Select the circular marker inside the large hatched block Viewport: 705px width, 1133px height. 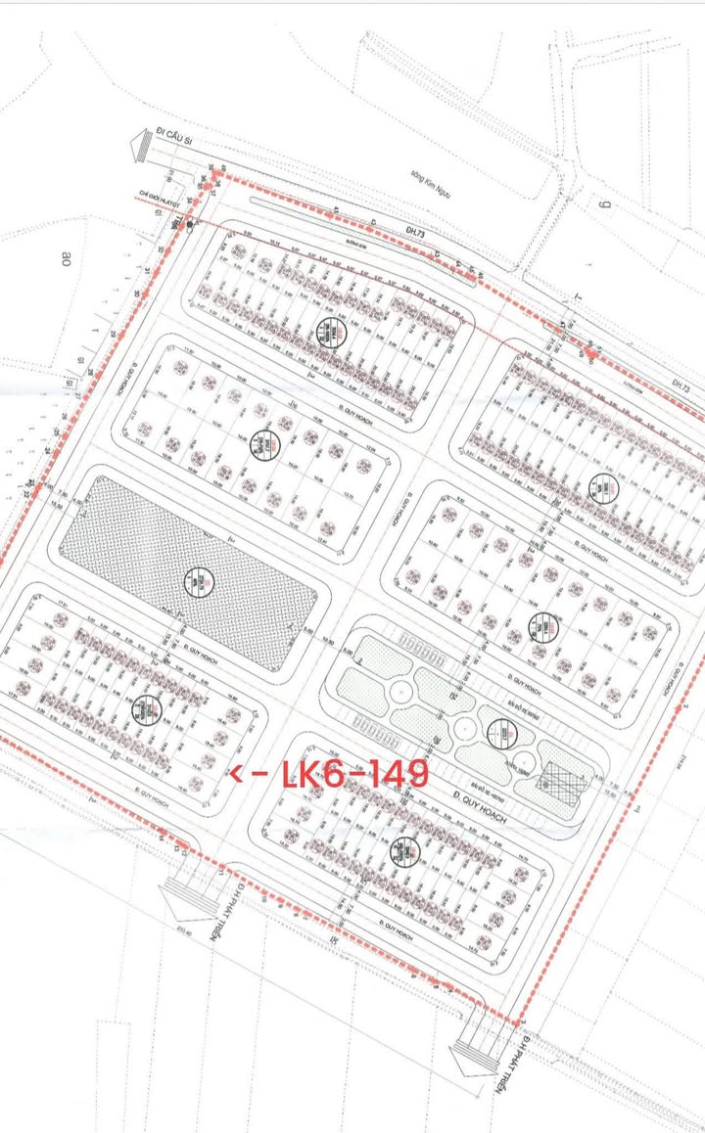pyautogui.click(x=199, y=583)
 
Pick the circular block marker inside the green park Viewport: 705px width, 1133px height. pyautogui.click(x=502, y=730)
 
